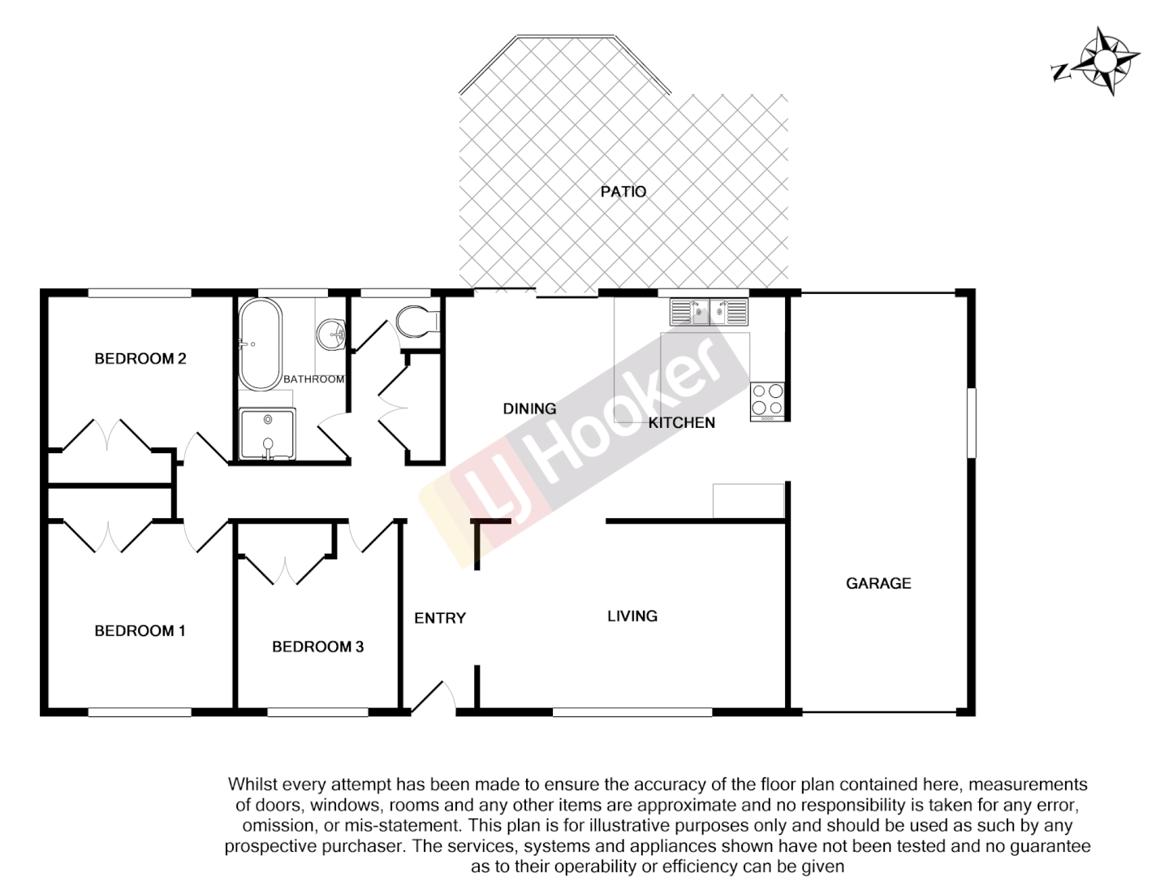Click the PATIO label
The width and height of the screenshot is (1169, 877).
pyautogui.click(x=623, y=192)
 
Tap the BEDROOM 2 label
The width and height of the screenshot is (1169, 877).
pyautogui.click(x=140, y=358)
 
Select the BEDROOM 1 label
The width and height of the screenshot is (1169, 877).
pyautogui.click(x=140, y=630)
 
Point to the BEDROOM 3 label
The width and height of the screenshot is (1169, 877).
pyautogui.click(x=317, y=646)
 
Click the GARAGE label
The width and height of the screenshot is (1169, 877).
pyautogui.click(x=878, y=583)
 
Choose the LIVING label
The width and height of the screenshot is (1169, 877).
pyautogui.click(x=632, y=616)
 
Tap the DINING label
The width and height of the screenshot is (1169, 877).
pyautogui.click(x=529, y=408)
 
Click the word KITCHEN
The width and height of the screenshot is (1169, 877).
pyautogui.click(x=681, y=422)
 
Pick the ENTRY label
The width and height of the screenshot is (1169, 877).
pyautogui.click(x=440, y=618)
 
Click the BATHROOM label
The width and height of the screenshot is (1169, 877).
pyautogui.click(x=313, y=379)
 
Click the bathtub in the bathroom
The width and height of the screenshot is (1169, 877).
pyautogui.click(x=260, y=344)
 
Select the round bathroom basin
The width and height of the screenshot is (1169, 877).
pyautogui.click(x=332, y=333)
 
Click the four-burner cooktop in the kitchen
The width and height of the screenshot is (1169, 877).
pyautogui.click(x=767, y=400)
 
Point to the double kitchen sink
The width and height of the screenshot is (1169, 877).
pyautogui.click(x=709, y=312)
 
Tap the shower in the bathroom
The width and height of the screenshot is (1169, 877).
pyautogui.click(x=267, y=434)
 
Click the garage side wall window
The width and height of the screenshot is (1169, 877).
pyautogui.click(x=971, y=423)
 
